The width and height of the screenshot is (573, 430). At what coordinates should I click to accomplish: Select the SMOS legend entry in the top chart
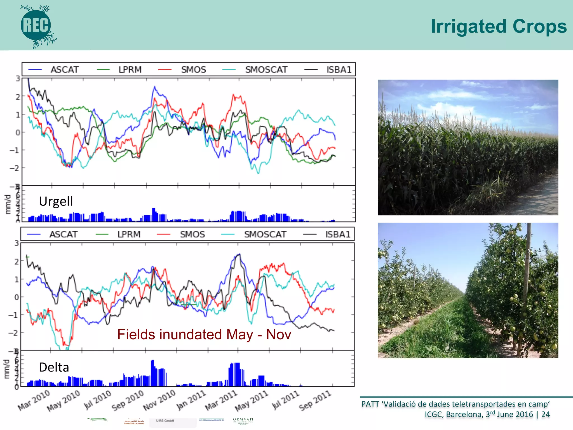coord(193,69)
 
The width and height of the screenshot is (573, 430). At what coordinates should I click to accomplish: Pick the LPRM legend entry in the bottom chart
coord(129,234)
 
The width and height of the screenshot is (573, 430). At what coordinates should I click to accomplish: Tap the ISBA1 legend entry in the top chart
coord(339,69)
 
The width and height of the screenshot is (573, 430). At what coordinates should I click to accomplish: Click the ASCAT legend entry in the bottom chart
coord(63,234)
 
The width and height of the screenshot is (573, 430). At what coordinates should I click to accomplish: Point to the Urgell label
coord(56,201)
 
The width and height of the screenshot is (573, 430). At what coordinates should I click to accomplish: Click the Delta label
coord(54,367)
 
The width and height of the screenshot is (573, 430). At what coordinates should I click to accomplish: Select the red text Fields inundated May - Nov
coord(204,334)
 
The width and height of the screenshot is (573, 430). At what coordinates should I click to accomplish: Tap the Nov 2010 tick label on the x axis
coord(159,400)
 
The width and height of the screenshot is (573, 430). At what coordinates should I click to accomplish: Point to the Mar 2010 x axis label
coord(34,400)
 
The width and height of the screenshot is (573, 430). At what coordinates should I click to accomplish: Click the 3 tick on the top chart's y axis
coord(18,79)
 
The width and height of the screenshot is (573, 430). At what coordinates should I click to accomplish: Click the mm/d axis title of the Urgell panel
coord(8,204)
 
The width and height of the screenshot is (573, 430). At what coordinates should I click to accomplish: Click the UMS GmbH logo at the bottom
coord(165,421)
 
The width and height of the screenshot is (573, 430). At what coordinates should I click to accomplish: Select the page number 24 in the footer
coord(545,414)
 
